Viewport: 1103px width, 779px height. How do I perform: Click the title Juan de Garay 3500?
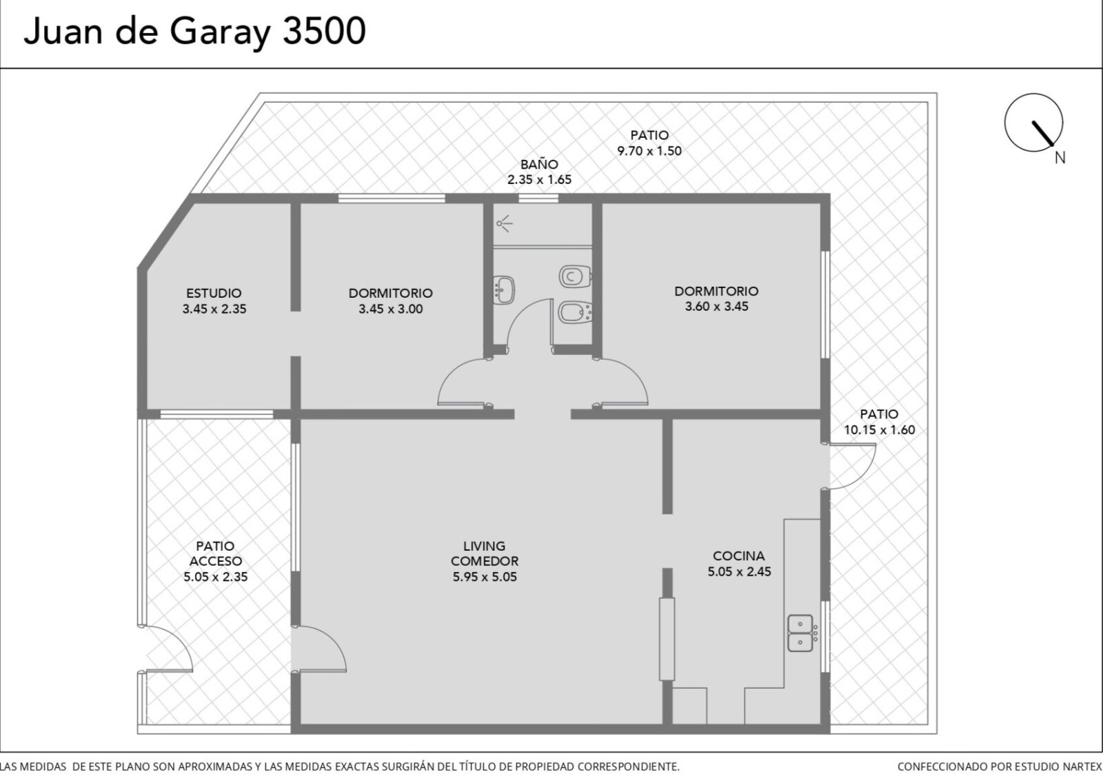coord(195,32)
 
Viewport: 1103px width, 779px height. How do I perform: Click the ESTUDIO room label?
coord(214,293)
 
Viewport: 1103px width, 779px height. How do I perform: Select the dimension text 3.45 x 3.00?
coord(390,310)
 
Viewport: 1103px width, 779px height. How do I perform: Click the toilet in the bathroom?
coord(575,276)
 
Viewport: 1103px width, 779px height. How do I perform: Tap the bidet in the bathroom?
coord(575,312)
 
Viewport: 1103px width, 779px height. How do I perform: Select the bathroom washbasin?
coord(503,290)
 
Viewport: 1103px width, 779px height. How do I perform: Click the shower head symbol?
coord(504,223)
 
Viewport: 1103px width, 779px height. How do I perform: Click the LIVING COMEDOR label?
coord(485,554)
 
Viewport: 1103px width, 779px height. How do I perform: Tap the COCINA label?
coord(738,556)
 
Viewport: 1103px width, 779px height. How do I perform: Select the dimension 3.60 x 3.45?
coord(716,306)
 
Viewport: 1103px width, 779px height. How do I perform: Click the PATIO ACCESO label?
coord(216,554)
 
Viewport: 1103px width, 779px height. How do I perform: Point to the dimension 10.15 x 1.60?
coord(880,430)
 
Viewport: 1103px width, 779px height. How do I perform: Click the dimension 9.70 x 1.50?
coord(649,151)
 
